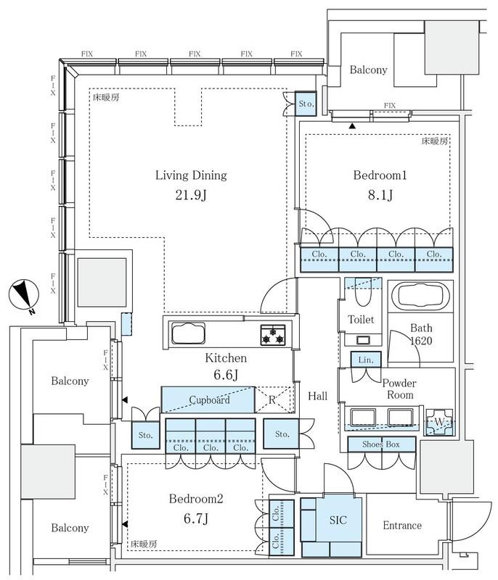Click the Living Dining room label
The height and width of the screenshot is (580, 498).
coord(191,175)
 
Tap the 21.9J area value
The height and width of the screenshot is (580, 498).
coord(191,195)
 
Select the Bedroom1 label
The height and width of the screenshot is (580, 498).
coord(380,175)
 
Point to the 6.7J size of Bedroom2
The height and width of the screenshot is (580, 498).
coord(196,518)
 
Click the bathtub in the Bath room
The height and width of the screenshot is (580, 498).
coord(420,297)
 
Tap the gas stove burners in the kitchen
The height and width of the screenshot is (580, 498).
coord(273,335)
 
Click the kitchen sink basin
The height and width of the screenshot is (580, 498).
coord(188,333)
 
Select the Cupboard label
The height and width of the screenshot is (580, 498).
coord(209,400)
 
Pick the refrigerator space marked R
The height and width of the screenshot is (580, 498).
coord(273,400)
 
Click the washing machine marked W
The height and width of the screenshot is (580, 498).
coord(439,422)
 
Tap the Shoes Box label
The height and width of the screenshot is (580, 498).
coord(381,444)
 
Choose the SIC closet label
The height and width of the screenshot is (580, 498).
coord(338,520)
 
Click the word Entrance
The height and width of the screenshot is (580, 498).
coord(402,525)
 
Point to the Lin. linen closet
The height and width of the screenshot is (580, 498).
coord(366,359)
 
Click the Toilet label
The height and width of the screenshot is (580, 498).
coord(361,319)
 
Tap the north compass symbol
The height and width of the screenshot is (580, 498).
coord(24,295)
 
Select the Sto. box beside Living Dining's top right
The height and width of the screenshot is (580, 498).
coord(306,104)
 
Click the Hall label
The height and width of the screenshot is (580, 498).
coord(318,396)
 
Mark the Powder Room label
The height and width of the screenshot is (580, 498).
coord(399,389)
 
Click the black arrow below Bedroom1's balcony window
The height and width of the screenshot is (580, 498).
coord(352,126)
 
